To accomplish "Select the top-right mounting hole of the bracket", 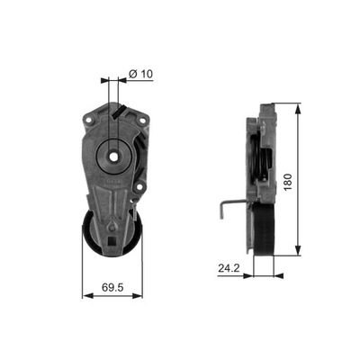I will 139,118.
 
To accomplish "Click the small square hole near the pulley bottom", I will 110,242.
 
